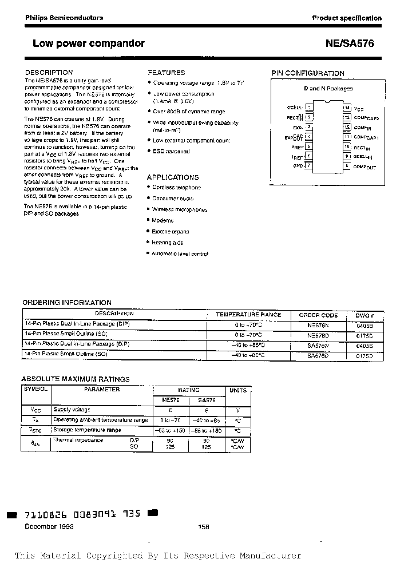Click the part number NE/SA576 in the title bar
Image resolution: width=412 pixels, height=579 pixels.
coord(350,43)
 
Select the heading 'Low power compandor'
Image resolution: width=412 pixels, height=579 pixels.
coord(89,43)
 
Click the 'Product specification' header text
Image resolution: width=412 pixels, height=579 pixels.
coord(347,18)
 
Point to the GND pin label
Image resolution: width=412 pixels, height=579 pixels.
coord(298,166)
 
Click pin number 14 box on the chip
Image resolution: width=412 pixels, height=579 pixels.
coord(347,107)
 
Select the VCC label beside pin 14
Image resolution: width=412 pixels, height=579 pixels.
coord(359,108)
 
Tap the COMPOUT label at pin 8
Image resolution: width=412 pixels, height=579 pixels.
coord(365,166)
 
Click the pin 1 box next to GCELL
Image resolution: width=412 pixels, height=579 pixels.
coord(310,107)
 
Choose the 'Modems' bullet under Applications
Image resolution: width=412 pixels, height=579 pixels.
coord(163,220)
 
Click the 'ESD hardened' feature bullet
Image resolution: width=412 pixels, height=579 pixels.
coord(171,152)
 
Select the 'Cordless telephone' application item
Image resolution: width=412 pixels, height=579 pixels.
coord(176,188)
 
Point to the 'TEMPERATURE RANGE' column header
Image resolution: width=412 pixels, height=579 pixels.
coord(248,315)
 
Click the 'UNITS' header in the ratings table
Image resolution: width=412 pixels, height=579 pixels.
coord(238,390)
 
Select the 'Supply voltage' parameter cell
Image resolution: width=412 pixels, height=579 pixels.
coord(72,410)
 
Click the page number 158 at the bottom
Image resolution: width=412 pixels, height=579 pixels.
coord(204,527)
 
